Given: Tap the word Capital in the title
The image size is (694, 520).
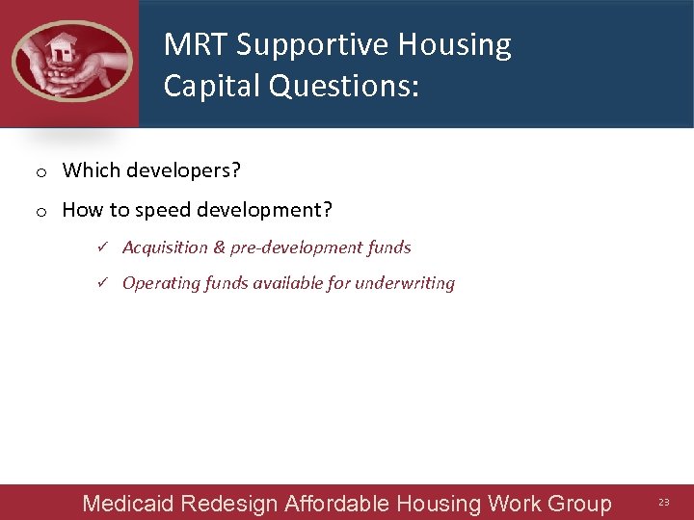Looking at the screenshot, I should (x=212, y=86).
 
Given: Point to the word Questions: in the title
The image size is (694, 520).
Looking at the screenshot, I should (x=344, y=86).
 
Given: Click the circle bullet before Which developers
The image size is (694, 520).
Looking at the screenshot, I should (x=41, y=172).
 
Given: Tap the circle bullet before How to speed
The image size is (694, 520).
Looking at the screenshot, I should (x=41, y=211).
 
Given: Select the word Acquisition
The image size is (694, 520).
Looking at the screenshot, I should (x=165, y=247).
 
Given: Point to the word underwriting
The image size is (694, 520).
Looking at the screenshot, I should (x=405, y=283).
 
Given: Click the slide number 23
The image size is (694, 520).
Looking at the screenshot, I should (x=663, y=503).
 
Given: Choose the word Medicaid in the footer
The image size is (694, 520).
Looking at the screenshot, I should (x=128, y=503).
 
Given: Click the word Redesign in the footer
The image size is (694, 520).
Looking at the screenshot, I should (x=230, y=503).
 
